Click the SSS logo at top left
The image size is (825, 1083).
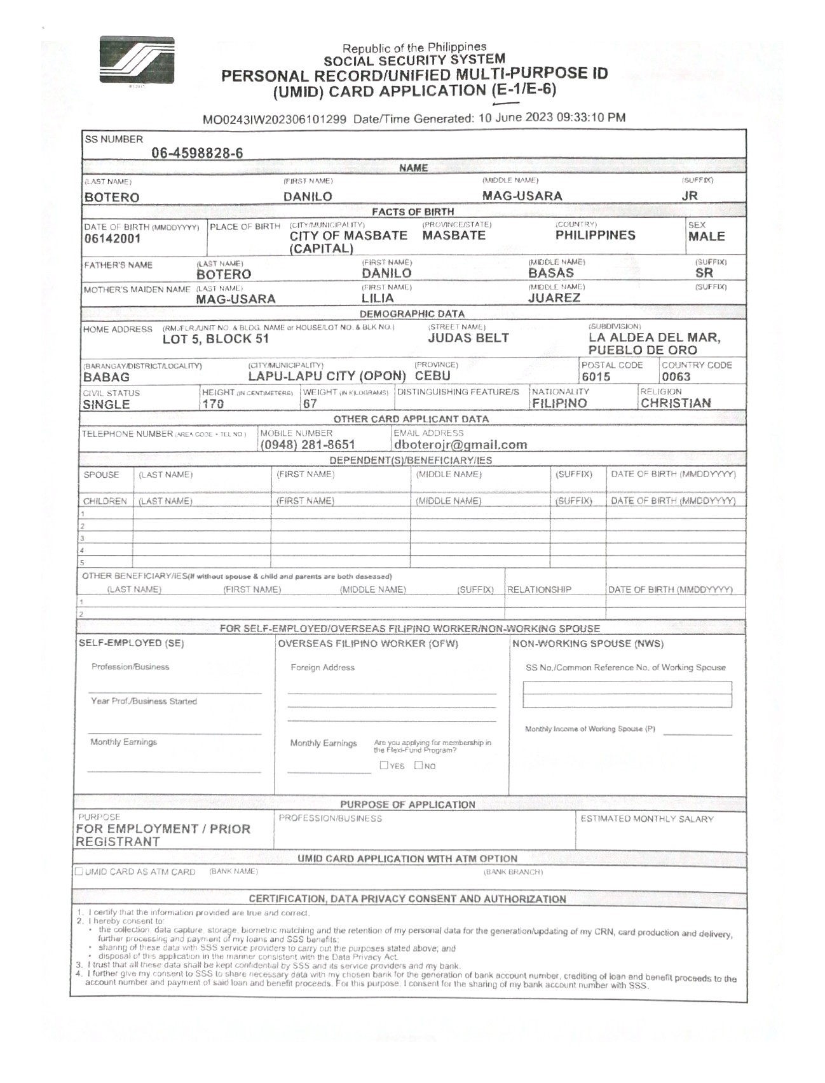pyautogui.click(x=137, y=60)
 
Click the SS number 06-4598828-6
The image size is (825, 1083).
pyautogui.click(x=197, y=153)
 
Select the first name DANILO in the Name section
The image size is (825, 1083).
pyautogui.click(x=308, y=196)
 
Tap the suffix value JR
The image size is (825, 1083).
pyautogui.click(x=690, y=196)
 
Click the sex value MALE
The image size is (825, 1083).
pyautogui.click(x=706, y=236)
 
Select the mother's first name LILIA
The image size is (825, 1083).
pyautogui.click(x=378, y=298)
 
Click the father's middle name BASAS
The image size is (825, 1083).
pyautogui.click(x=551, y=273)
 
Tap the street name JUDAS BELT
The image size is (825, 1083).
pyautogui.click(x=468, y=338)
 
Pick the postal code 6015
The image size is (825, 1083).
pyautogui.click(x=596, y=377)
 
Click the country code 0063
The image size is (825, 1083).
pyautogui.click(x=676, y=377)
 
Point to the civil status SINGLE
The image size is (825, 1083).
pyautogui.click(x=106, y=405)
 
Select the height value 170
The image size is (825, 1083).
pyautogui.click(x=213, y=405)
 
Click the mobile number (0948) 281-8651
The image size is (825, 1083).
pyautogui.click(x=308, y=445)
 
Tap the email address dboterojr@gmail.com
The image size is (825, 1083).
pyautogui.click(x=460, y=445)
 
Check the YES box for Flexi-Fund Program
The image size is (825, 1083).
pyautogui.click(x=384, y=765)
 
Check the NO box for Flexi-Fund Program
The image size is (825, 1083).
pyautogui.click(x=419, y=765)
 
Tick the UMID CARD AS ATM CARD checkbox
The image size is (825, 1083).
pyautogui.click(x=79, y=871)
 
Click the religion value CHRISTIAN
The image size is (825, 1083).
pyautogui.click(x=676, y=403)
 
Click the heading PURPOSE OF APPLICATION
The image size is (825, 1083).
pyautogui.click(x=407, y=804)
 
